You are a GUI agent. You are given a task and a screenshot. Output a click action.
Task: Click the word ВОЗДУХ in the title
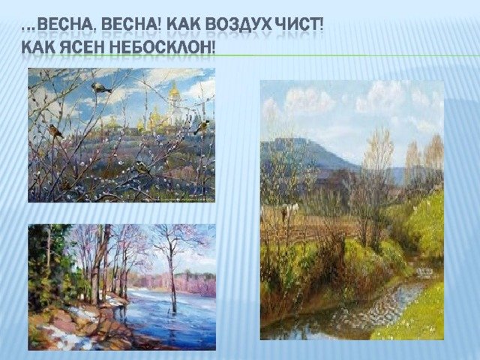(238, 25)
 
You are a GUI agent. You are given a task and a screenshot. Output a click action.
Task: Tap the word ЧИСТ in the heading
(297, 25)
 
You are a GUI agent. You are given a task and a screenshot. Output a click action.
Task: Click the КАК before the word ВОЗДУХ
(184, 25)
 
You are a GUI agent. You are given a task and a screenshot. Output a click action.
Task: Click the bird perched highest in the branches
(100, 88)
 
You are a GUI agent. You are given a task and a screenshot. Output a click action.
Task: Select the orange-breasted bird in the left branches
(55, 131)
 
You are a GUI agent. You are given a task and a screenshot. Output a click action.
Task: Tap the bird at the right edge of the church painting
(202, 127)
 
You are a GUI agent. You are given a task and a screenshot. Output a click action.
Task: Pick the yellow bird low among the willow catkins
(142, 168)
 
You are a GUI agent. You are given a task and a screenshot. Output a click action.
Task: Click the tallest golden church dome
(174, 91)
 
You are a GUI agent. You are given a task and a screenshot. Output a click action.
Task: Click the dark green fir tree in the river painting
(46, 266)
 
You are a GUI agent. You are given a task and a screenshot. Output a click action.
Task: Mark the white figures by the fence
(289, 211)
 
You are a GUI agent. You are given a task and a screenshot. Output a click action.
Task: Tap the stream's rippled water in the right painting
(367, 309)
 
